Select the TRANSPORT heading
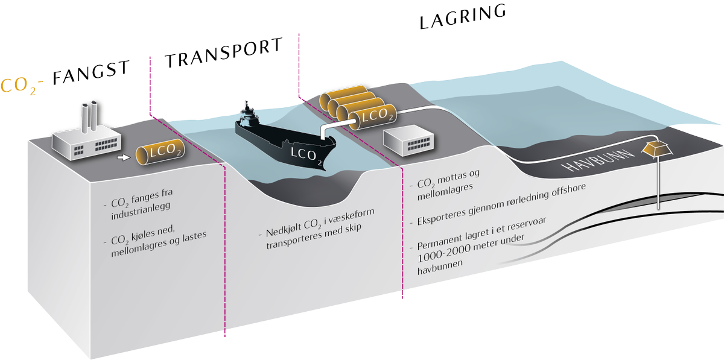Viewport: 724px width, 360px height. pos(224,54)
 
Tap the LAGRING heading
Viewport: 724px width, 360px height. pos(462,17)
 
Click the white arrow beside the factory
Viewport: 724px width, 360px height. pos(123,157)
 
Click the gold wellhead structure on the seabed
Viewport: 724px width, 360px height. pos(657,148)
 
